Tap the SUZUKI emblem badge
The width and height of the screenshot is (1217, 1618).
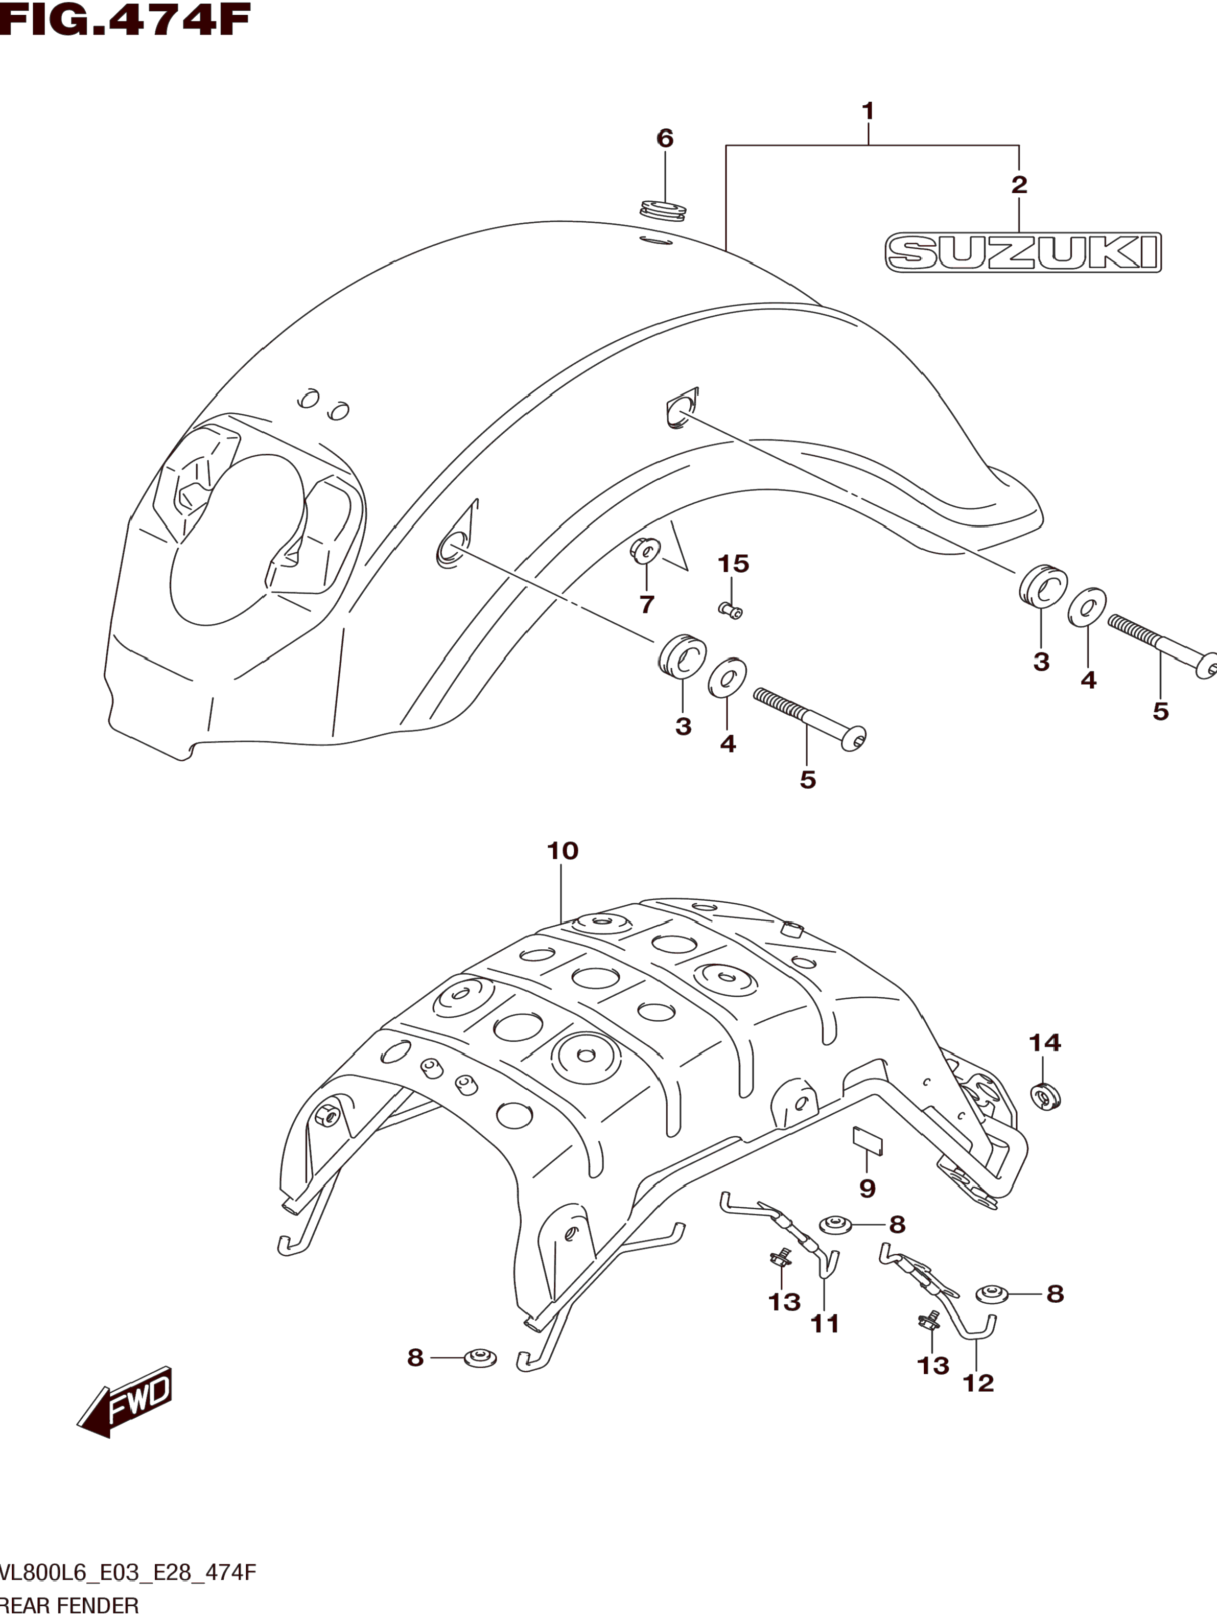[x=1022, y=252]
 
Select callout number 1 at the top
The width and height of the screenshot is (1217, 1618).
[x=868, y=112]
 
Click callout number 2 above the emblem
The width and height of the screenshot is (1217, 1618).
[x=1019, y=184]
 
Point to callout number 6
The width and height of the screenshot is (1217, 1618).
[x=665, y=138]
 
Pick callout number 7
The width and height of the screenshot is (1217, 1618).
[x=646, y=604]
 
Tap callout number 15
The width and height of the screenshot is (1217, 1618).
[x=733, y=563]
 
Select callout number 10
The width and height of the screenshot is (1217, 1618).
[x=563, y=851]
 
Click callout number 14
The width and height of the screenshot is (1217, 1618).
[x=1044, y=1042]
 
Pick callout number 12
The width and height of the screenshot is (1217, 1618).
[x=978, y=1382]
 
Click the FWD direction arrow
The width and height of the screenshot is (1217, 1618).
[x=126, y=1399]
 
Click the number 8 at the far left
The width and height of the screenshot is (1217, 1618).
[x=415, y=1357]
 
